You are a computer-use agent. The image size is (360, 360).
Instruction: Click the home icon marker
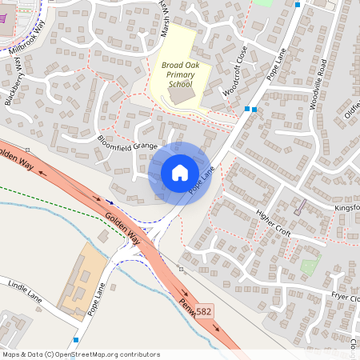[179, 172]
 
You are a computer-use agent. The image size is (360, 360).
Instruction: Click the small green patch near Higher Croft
[310, 266]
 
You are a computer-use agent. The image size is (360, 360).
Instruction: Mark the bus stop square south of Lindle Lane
[75, 339]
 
